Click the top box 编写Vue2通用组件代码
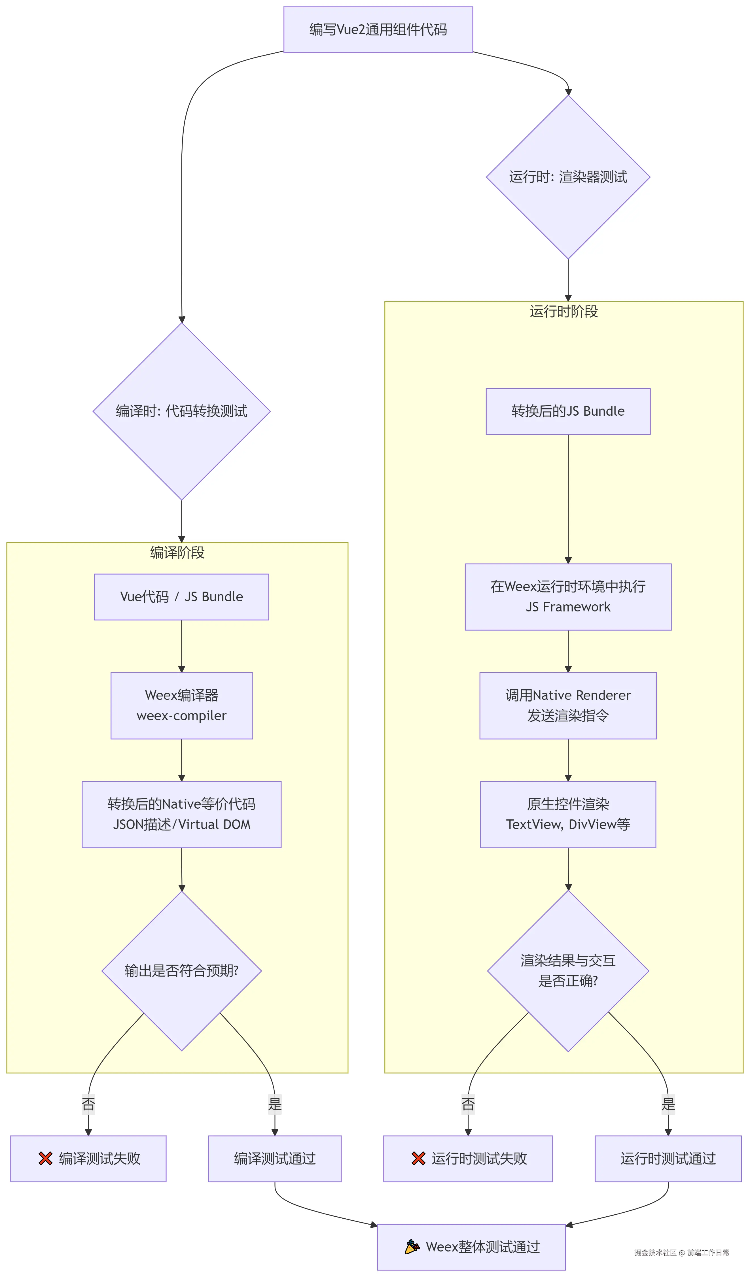(x=378, y=29)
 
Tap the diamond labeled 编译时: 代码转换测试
(x=181, y=411)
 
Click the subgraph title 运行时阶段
(x=563, y=311)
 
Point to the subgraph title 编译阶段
(x=177, y=552)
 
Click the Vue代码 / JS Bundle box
(x=181, y=596)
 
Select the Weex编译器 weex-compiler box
(x=181, y=706)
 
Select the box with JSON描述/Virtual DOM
(x=181, y=814)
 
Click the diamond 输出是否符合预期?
(x=181, y=970)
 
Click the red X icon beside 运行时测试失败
(x=418, y=1158)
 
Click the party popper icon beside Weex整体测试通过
(x=412, y=1247)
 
